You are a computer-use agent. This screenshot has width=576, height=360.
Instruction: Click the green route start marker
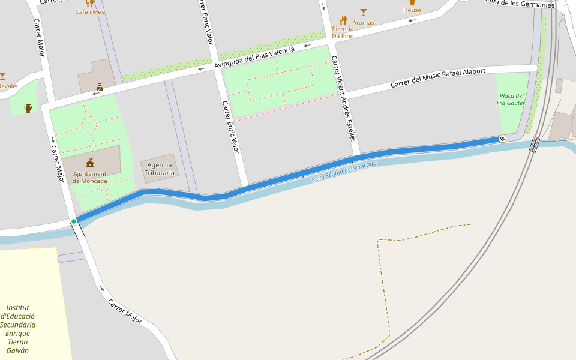(74, 221)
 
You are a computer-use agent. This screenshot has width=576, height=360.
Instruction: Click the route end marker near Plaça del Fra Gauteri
(502, 139)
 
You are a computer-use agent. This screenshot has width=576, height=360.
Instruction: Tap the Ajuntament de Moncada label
(90, 178)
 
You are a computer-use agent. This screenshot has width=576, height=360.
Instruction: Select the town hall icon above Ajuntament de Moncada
(90, 163)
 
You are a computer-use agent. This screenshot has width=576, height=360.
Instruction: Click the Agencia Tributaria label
(160, 169)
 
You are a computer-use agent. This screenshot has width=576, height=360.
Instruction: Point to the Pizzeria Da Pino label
(343, 32)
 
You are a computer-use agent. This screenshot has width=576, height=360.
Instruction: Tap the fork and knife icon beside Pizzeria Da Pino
(343, 20)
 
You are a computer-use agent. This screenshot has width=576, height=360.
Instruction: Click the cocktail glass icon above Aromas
(363, 12)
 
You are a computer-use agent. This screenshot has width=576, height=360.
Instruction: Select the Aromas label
(363, 23)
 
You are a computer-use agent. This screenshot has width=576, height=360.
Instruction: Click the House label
(412, 10)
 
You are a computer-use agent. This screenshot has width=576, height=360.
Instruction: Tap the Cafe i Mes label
(90, 12)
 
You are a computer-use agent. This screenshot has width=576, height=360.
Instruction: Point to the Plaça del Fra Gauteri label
(511, 100)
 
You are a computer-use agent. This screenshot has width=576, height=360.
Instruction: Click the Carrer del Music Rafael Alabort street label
(438, 78)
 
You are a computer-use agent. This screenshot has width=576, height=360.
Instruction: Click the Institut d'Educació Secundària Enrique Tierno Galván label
(18, 329)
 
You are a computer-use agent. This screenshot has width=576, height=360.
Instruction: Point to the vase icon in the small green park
(28, 108)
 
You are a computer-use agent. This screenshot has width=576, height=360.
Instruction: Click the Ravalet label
(8, 86)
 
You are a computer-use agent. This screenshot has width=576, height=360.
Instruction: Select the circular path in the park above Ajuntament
(89, 124)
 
